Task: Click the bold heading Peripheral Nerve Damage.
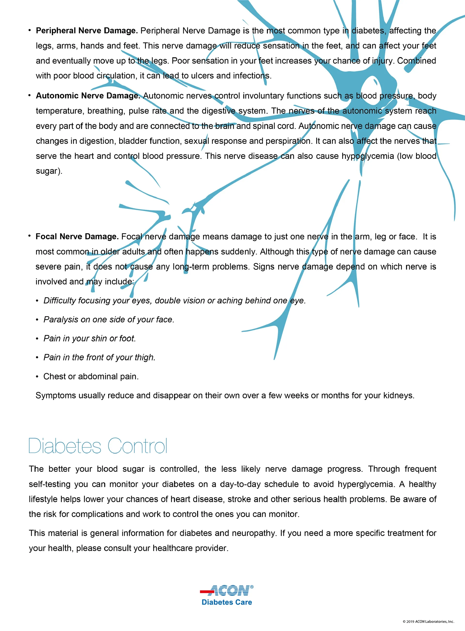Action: click(86, 31)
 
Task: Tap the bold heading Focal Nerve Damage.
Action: click(77, 237)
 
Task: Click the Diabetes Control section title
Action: click(98, 446)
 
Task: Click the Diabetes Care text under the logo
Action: click(227, 602)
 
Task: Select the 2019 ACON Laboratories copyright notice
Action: click(428, 621)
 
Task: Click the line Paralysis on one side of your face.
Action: click(109, 320)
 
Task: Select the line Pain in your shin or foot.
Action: click(90, 339)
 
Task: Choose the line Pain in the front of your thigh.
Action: click(99, 358)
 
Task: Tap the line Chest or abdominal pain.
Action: click(91, 377)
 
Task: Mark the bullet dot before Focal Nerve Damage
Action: click(29, 236)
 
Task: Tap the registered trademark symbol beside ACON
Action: click(252, 587)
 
